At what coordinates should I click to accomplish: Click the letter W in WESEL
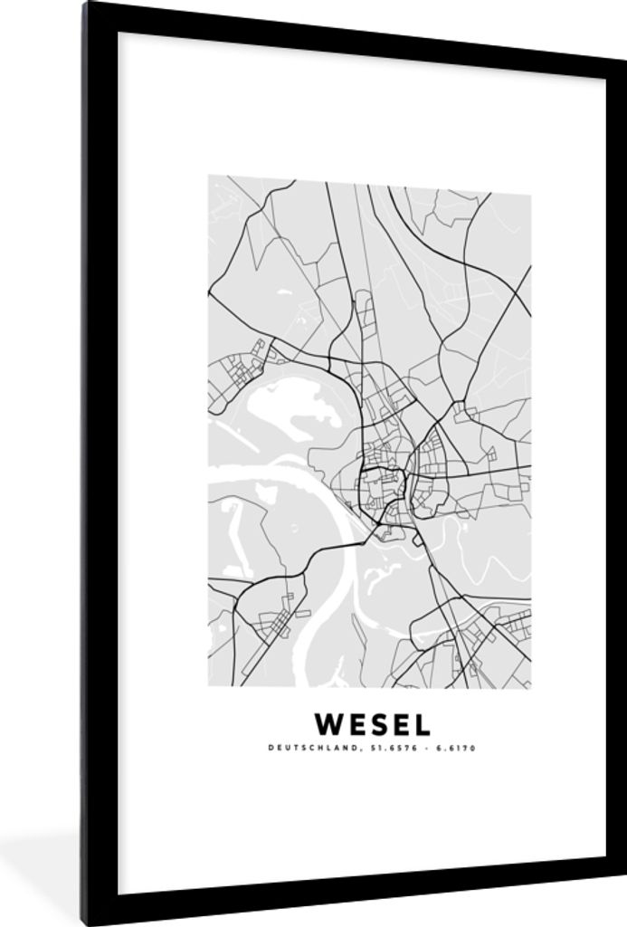328,724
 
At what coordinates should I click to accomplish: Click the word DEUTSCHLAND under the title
301,748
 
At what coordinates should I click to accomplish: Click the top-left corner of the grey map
209,176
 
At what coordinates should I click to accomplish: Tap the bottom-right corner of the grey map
530,687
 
